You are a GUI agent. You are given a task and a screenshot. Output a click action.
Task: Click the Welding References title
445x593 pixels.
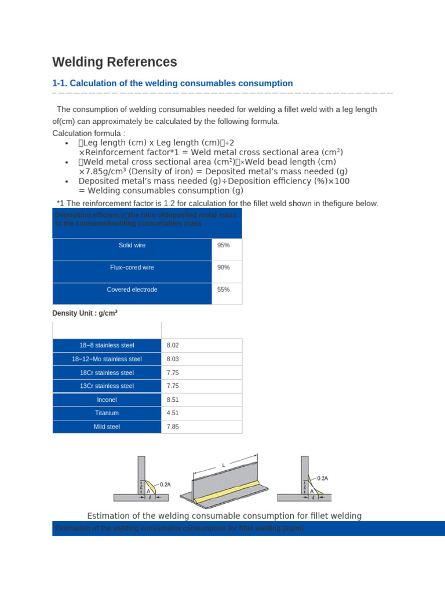pyautogui.click(x=115, y=62)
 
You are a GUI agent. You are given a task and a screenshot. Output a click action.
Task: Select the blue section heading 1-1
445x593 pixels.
pyautogui.click(x=173, y=83)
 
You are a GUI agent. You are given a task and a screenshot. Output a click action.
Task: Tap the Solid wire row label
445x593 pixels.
pyautogui.click(x=132, y=246)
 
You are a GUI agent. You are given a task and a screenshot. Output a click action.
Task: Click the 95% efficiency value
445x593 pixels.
pyautogui.click(x=223, y=246)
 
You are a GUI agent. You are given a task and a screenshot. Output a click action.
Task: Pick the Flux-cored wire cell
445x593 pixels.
pyautogui.click(x=132, y=268)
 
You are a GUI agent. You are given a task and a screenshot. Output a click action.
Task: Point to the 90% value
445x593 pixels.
pyautogui.click(x=223, y=268)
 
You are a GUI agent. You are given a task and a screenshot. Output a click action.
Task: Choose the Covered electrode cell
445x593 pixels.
pyautogui.click(x=132, y=290)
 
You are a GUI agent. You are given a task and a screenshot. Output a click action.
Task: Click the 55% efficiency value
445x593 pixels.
pyautogui.click(x=223, y=290)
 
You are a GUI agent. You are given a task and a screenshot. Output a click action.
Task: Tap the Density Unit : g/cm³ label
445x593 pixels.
pyautogui.click(x=85, y=313)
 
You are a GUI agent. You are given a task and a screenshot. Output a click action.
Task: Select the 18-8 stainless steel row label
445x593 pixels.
pyautogui.click(x=107, y=346)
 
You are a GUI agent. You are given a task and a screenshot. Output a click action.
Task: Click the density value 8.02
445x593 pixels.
pyautogui.click(x=173, y=346)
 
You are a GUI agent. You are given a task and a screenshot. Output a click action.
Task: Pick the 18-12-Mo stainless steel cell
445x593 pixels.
pyautogui.click(x=107, y=359)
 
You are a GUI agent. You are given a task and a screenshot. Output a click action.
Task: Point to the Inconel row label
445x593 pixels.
pyautogui.click(x=107, y=400)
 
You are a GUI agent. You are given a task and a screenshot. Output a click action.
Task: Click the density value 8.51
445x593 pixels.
pyautogui.click(x=173, y=400)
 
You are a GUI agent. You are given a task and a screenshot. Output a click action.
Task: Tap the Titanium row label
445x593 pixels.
pyautogui.click(x=107, y=413)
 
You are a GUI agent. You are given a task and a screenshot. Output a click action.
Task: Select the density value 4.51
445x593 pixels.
pyautogui.click(x=173, y=413)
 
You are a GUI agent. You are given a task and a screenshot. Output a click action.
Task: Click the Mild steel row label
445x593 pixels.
pyautogui.click(x=107, y=427)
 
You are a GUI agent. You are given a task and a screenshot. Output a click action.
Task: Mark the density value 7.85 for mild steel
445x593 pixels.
pyautogui.click(x=173, y=427)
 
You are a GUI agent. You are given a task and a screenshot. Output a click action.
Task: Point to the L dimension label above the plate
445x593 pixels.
pyautogui.click(x=223, y=465)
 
